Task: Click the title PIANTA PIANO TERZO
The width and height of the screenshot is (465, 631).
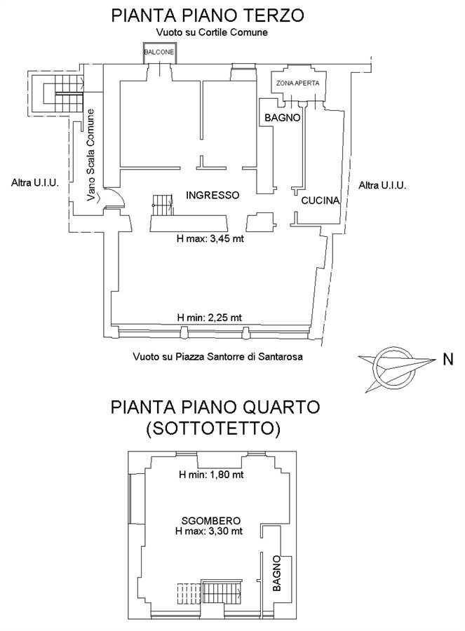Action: click(208, 15)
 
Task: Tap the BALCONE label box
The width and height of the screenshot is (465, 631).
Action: click(160, 53)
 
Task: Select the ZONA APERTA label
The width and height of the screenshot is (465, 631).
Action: click(297, 83)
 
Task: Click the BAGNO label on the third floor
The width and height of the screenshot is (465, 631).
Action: click(282, 118)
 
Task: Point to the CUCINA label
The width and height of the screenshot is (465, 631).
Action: click(321, 200)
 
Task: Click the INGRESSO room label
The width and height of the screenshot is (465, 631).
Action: click(213, 195)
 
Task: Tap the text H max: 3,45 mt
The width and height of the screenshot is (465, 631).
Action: click(210, 238)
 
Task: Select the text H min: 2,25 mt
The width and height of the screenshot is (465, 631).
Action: click(209, 318)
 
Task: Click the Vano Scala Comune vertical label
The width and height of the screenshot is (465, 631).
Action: click(91, 155)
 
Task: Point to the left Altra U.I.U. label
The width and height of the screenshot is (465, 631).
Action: click(35, 183)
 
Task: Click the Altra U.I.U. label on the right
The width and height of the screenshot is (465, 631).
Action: click(382, 185)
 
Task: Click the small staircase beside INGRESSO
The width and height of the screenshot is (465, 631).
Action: click(163, 205)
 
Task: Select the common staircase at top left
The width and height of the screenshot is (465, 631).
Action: click(63, 93)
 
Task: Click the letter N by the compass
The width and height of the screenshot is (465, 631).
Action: click(448, 359)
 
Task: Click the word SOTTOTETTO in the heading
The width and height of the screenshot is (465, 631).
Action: click(213, 428)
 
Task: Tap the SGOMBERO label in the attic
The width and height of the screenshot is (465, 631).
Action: click(211, 521)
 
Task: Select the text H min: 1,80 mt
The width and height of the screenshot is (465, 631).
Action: click(211, 475)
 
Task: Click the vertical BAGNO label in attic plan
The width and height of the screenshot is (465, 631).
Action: click(277, 574)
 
